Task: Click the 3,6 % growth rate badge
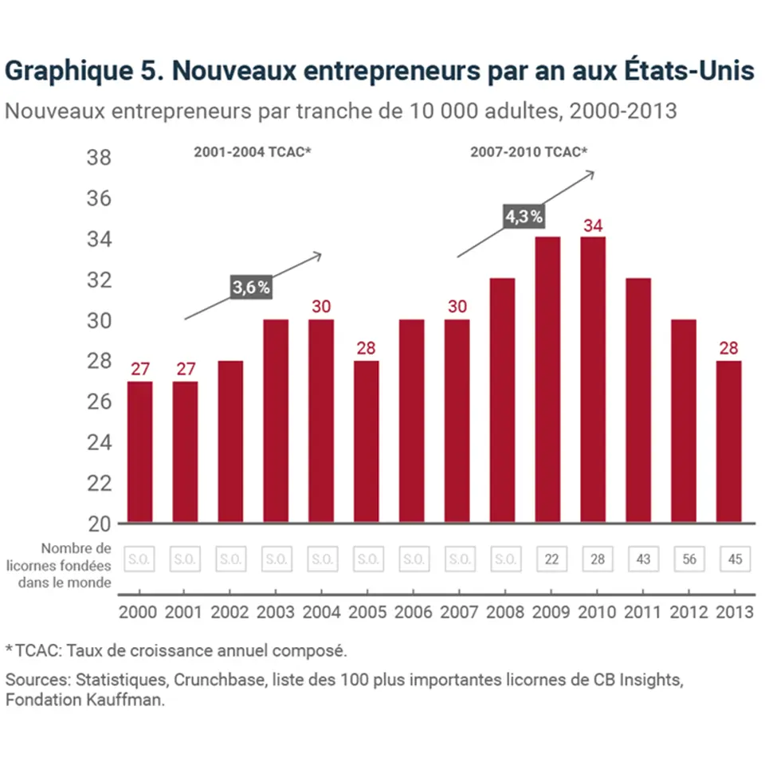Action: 251,288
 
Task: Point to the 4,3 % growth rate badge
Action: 524,215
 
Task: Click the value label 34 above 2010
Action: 594,226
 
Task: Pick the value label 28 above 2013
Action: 729,349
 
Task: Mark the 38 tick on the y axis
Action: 99,158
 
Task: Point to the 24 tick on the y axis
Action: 99,443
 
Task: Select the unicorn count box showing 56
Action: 689,559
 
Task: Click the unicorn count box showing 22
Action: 551,559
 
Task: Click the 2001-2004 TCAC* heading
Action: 252,151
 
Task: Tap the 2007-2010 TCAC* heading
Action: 528,151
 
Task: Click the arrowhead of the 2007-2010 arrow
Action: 590,174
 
